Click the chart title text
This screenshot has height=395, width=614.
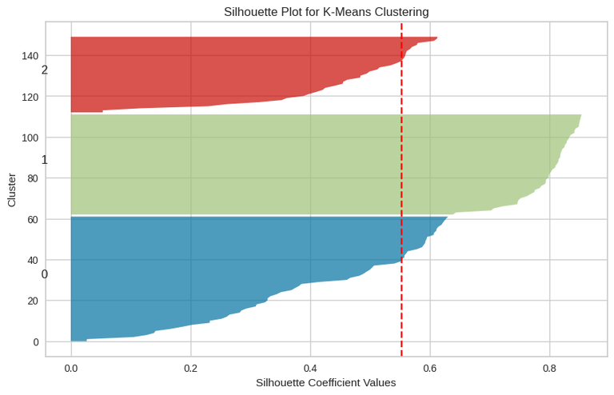pyautogui.click(x=326, y=12)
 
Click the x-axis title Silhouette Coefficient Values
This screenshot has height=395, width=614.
pyautogui.click(x=326, y=382)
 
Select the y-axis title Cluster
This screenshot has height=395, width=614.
pyautogui.click(x=12, y=190)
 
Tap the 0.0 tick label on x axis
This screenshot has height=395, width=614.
pyautogui.click(x=71, y=368)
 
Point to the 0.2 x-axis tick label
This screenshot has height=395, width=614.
pyautogui.click(x=190, y=368)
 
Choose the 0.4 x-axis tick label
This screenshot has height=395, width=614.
pyautogui.click(x=310, y=368)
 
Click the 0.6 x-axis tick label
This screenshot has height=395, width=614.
pyautogui.click(x=430, y=368)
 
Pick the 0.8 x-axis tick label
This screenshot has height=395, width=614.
pyautogui.click(x=549, y=368)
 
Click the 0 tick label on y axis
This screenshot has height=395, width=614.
pyautogui.click(x=35, y=341)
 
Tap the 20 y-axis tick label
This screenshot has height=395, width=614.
pyautogui.click(x=33, y=301)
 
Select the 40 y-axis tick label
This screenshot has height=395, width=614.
pyautogui.click(x=33, y=260)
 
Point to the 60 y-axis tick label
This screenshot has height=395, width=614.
pyautogui.click(x=33, y=219)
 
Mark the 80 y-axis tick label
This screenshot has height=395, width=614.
pyautogui.click(x=33, y=178)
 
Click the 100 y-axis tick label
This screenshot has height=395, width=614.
pyautogui.click(x=30, y=138)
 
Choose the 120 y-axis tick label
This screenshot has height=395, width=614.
pyautogui.click(x=30, y=97)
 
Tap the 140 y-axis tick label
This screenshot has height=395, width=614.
pyautogui.click(x=30, y=56)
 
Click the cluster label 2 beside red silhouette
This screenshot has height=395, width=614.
pyautogui.click(x=45, y=70)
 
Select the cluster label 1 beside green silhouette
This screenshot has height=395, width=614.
pyautogui.click(x=45, y=161)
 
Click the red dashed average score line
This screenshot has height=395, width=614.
pyautogui.click(x=401, y=200)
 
